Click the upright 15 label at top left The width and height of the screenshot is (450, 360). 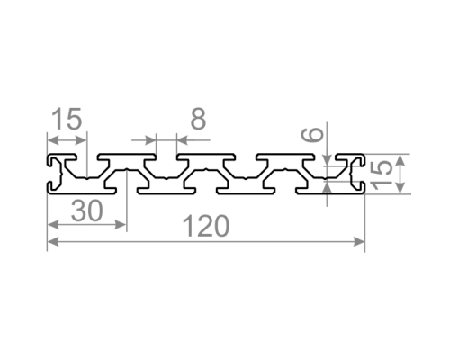tap(67, 119)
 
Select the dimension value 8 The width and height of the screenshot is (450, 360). tap(198, 119)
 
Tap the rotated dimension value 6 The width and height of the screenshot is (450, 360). tap(312, 134)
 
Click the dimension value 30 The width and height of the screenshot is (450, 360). tap(87, 211)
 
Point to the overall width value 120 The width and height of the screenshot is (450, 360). tap(206, 226)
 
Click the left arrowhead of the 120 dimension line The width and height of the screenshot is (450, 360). tap(53, 241)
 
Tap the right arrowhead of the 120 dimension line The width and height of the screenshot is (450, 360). tap(359, 241)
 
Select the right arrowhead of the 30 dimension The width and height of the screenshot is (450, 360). tap(121, 224)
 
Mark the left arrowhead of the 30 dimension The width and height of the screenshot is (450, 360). tap(53, 224)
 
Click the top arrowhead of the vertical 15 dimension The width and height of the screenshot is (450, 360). tap(400, 160)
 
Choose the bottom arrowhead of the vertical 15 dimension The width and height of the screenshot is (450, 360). tap(400, 188)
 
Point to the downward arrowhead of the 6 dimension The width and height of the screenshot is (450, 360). tap(328, 159)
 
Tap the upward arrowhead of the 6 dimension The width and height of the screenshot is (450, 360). tap(328, 188)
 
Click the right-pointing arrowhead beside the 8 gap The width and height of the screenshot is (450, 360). tap(150, 140)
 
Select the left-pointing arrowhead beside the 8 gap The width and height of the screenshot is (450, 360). tap(183, 140)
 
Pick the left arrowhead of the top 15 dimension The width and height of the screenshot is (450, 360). tap(53, 140)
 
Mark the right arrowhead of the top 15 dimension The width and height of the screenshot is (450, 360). tap(81, 140)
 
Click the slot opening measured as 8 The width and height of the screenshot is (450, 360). tap(166, 157)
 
